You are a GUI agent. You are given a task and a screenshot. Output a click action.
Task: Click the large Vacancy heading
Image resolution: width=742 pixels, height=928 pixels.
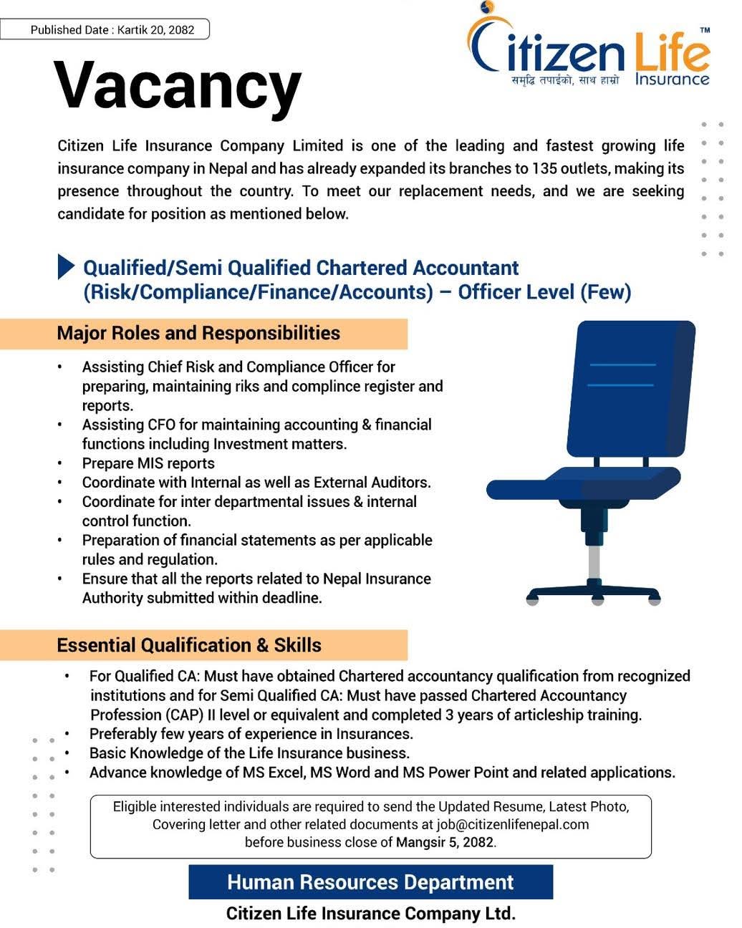pyautogui.click(x=178, y=86)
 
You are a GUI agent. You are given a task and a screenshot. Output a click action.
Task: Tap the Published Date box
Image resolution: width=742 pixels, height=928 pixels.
pyautogui.click(x=105, y=29)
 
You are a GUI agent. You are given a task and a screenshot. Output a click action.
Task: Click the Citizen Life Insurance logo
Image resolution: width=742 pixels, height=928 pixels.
pyautogui.click(x=589, y=47)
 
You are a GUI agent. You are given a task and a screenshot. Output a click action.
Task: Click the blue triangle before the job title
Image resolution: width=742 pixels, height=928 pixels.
pyautogui.click(x=66, y=266)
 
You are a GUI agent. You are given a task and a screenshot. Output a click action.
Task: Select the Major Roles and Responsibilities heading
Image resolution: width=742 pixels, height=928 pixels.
pyautogui.click(x=198, y=333)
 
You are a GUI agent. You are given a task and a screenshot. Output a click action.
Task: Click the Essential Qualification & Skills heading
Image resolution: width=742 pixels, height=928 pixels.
pyautogui.click(x=189, y=645)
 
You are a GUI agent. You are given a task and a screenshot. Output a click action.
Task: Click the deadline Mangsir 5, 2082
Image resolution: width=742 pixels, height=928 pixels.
pyautogui.click(x=445, y=842)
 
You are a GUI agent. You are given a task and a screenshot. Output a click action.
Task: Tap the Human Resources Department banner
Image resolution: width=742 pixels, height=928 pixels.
pyautogui.click(x=370, y=882)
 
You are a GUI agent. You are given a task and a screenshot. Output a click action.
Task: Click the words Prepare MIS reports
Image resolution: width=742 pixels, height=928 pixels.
pyautogui.click(x=148, y=463)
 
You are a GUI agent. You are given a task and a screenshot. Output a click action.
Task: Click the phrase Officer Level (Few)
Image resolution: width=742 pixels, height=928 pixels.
pyautogui.click(x=544, y=292)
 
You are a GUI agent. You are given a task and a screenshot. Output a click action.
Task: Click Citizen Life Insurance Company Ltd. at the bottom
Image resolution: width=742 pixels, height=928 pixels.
pyautogui.click(x=370, y=914)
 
